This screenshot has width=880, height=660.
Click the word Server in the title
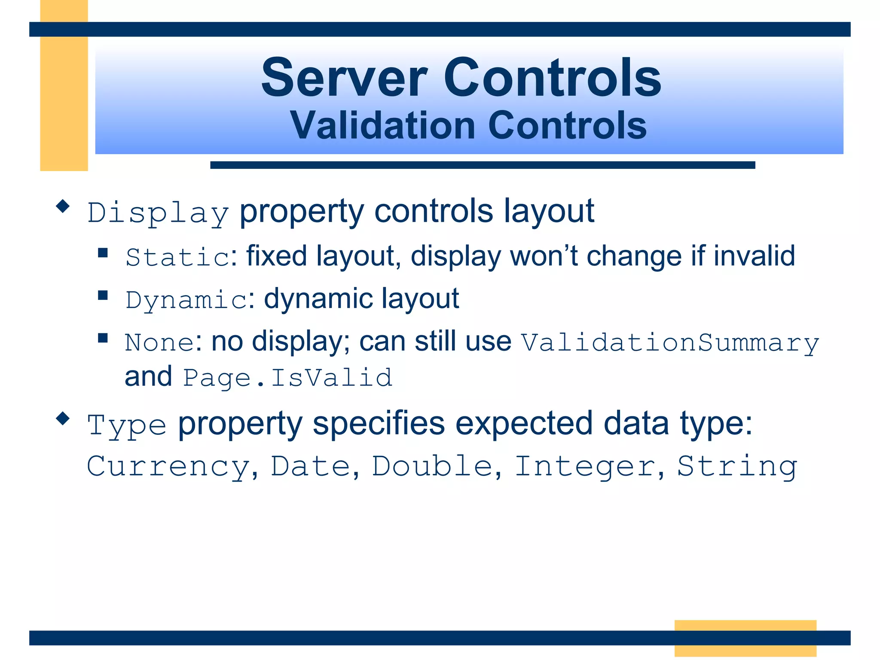344,78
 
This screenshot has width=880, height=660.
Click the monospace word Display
158,213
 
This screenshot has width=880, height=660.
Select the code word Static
178,257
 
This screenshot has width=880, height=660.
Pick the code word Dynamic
186,299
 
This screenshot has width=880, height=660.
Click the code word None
159,342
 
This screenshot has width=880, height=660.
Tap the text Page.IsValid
287,378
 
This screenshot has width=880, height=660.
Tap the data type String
737,467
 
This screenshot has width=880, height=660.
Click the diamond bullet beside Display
63,206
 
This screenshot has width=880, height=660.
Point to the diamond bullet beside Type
63,418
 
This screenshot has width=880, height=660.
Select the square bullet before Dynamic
103,295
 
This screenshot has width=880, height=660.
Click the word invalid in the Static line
754,256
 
